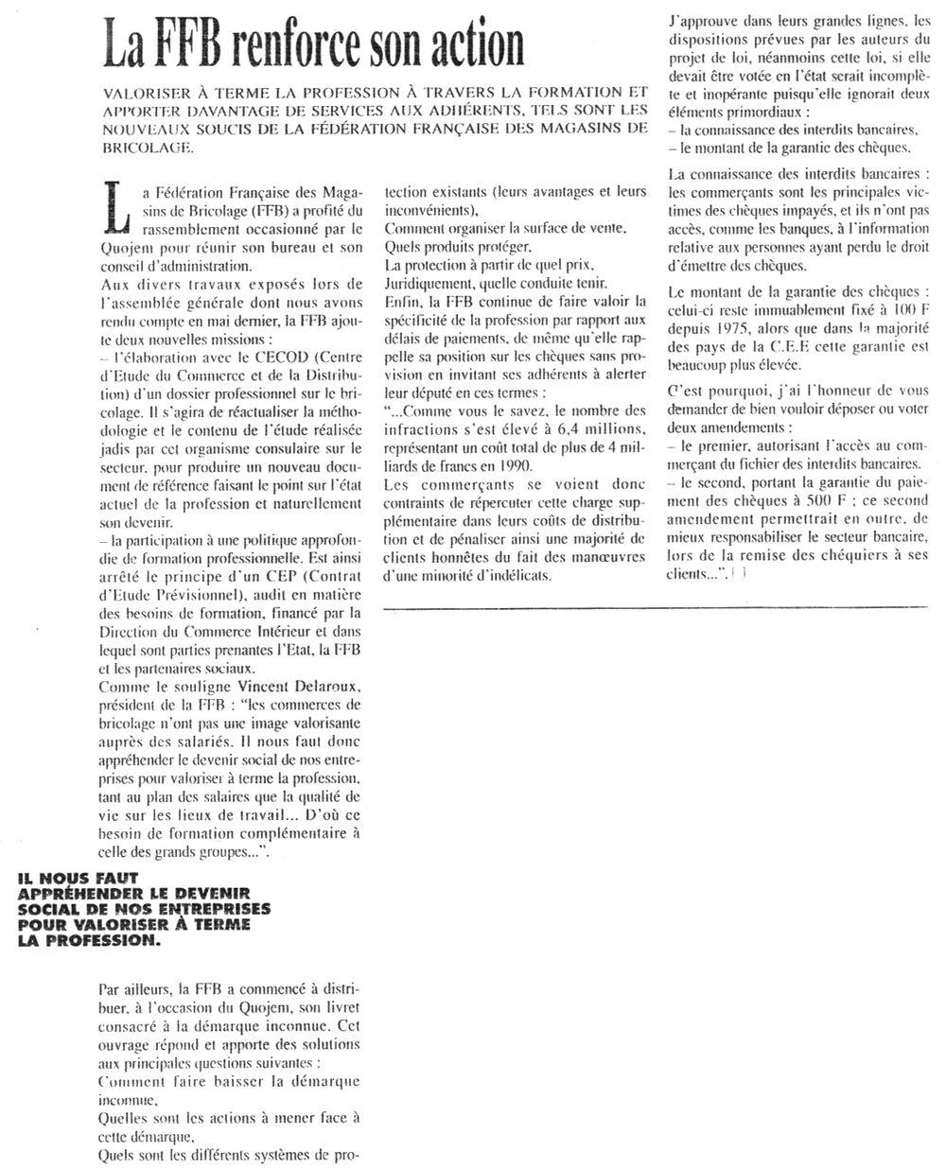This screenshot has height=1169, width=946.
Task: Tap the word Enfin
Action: [x=401, y=301]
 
